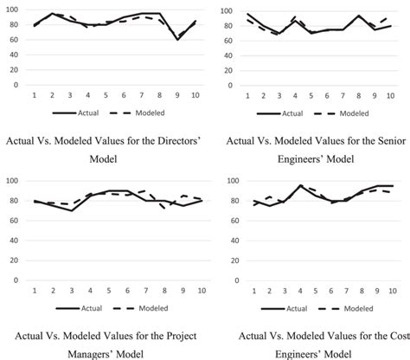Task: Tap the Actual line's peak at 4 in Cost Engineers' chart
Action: [x=301, y=185]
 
